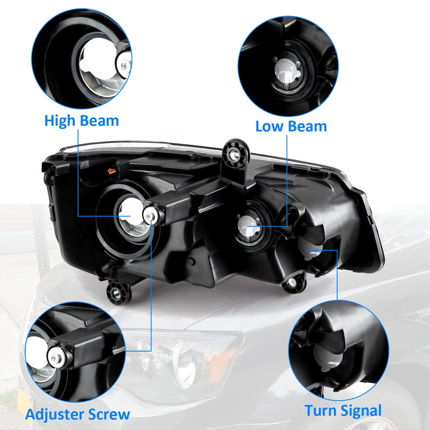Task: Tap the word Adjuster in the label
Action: pyautogui.click(x=60, y=414)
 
